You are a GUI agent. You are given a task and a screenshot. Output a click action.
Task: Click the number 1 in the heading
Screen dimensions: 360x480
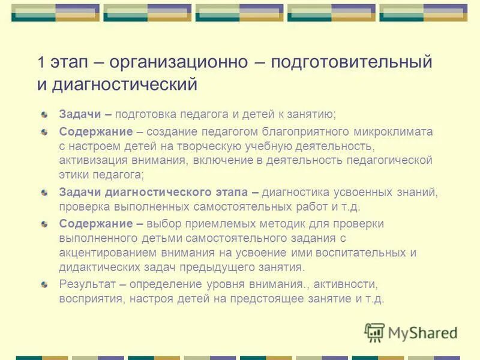[x=40, y=62]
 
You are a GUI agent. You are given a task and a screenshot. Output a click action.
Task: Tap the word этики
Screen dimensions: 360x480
[x=73, y=175]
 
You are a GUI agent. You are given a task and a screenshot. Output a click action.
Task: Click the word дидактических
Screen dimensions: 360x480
[x=97, y=267]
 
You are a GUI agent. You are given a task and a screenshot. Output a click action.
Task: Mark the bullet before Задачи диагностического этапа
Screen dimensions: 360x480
[x=44, y=193]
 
